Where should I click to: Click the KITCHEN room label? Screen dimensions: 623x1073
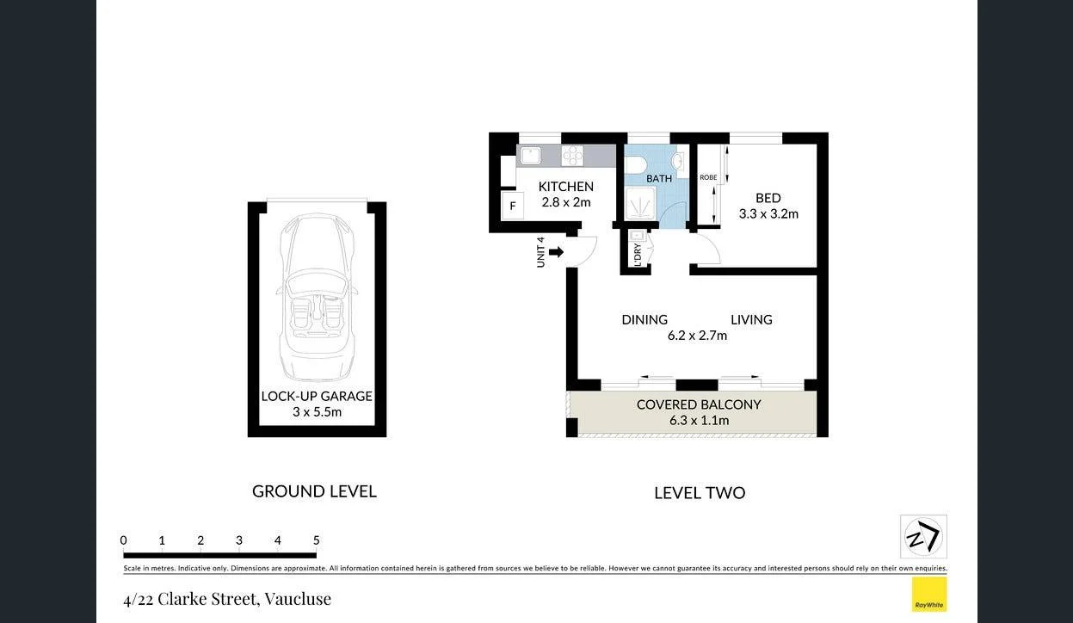(x=565, y=186)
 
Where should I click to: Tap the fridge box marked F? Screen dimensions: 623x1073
(x=513, y=206)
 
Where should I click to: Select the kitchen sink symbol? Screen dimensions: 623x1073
(x=529, y=156)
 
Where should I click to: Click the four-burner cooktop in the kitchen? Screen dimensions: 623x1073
(x=572, y=156)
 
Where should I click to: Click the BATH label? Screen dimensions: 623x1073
(x=659, y=179)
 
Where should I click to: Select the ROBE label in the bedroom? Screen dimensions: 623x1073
(x=708, y=178)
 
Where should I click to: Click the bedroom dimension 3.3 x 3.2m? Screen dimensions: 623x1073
(x=768, y=213)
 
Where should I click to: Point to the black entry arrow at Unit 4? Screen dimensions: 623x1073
(x=556, y=252)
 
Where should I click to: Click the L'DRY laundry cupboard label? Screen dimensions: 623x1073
(x=638, y=255)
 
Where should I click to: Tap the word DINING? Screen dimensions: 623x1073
(x=644, y=319)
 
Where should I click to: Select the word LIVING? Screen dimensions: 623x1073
(x=751, y=319)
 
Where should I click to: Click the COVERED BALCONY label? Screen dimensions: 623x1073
(x=699, y=404)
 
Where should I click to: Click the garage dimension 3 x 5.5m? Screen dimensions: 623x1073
(x=317, y=412)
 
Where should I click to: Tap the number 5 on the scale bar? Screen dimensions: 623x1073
(x=317, y=540)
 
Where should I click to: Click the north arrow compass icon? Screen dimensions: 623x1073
(x=923, y=537)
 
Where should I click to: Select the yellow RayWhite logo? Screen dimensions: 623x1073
(x=929, y=594)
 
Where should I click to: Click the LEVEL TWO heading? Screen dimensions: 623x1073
(x=700, y=493)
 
